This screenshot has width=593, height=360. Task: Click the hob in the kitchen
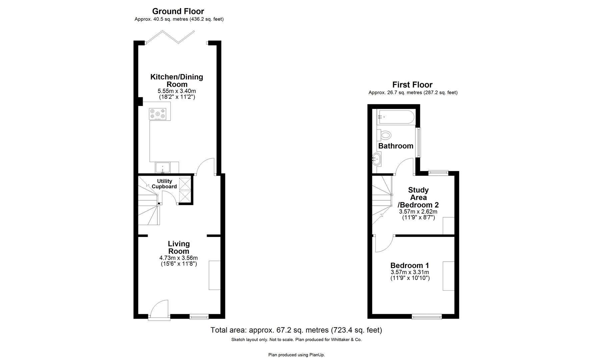pyautogui.click(x=158, y=114)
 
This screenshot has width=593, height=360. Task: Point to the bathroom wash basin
pyautogui.click(x=377, y=159)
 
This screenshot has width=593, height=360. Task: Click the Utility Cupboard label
pyautogui.click(x=164, y=184)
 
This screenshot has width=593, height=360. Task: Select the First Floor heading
pyautogui.click(x=412, y=85)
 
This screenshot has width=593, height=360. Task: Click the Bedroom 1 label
pyautogui.click(x=410, y=265)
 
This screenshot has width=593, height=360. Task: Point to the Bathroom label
pyautogui.click(x=396, y=146)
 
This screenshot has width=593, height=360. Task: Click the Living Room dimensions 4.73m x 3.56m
pyautogui.click(x=179, y=258)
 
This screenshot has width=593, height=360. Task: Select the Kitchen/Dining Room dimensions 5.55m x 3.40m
pyautogui.click(x=177, y=91)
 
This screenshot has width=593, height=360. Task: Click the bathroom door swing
pyautogui.click(x=405, y=167)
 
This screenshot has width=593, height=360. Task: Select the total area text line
pyautogui.click(x=296, y=330)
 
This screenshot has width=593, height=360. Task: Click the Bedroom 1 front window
pyautogui.click(x=427, y=316)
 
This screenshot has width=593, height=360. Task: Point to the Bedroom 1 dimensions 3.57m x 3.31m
pyautogui.click(x=410, y=272)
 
